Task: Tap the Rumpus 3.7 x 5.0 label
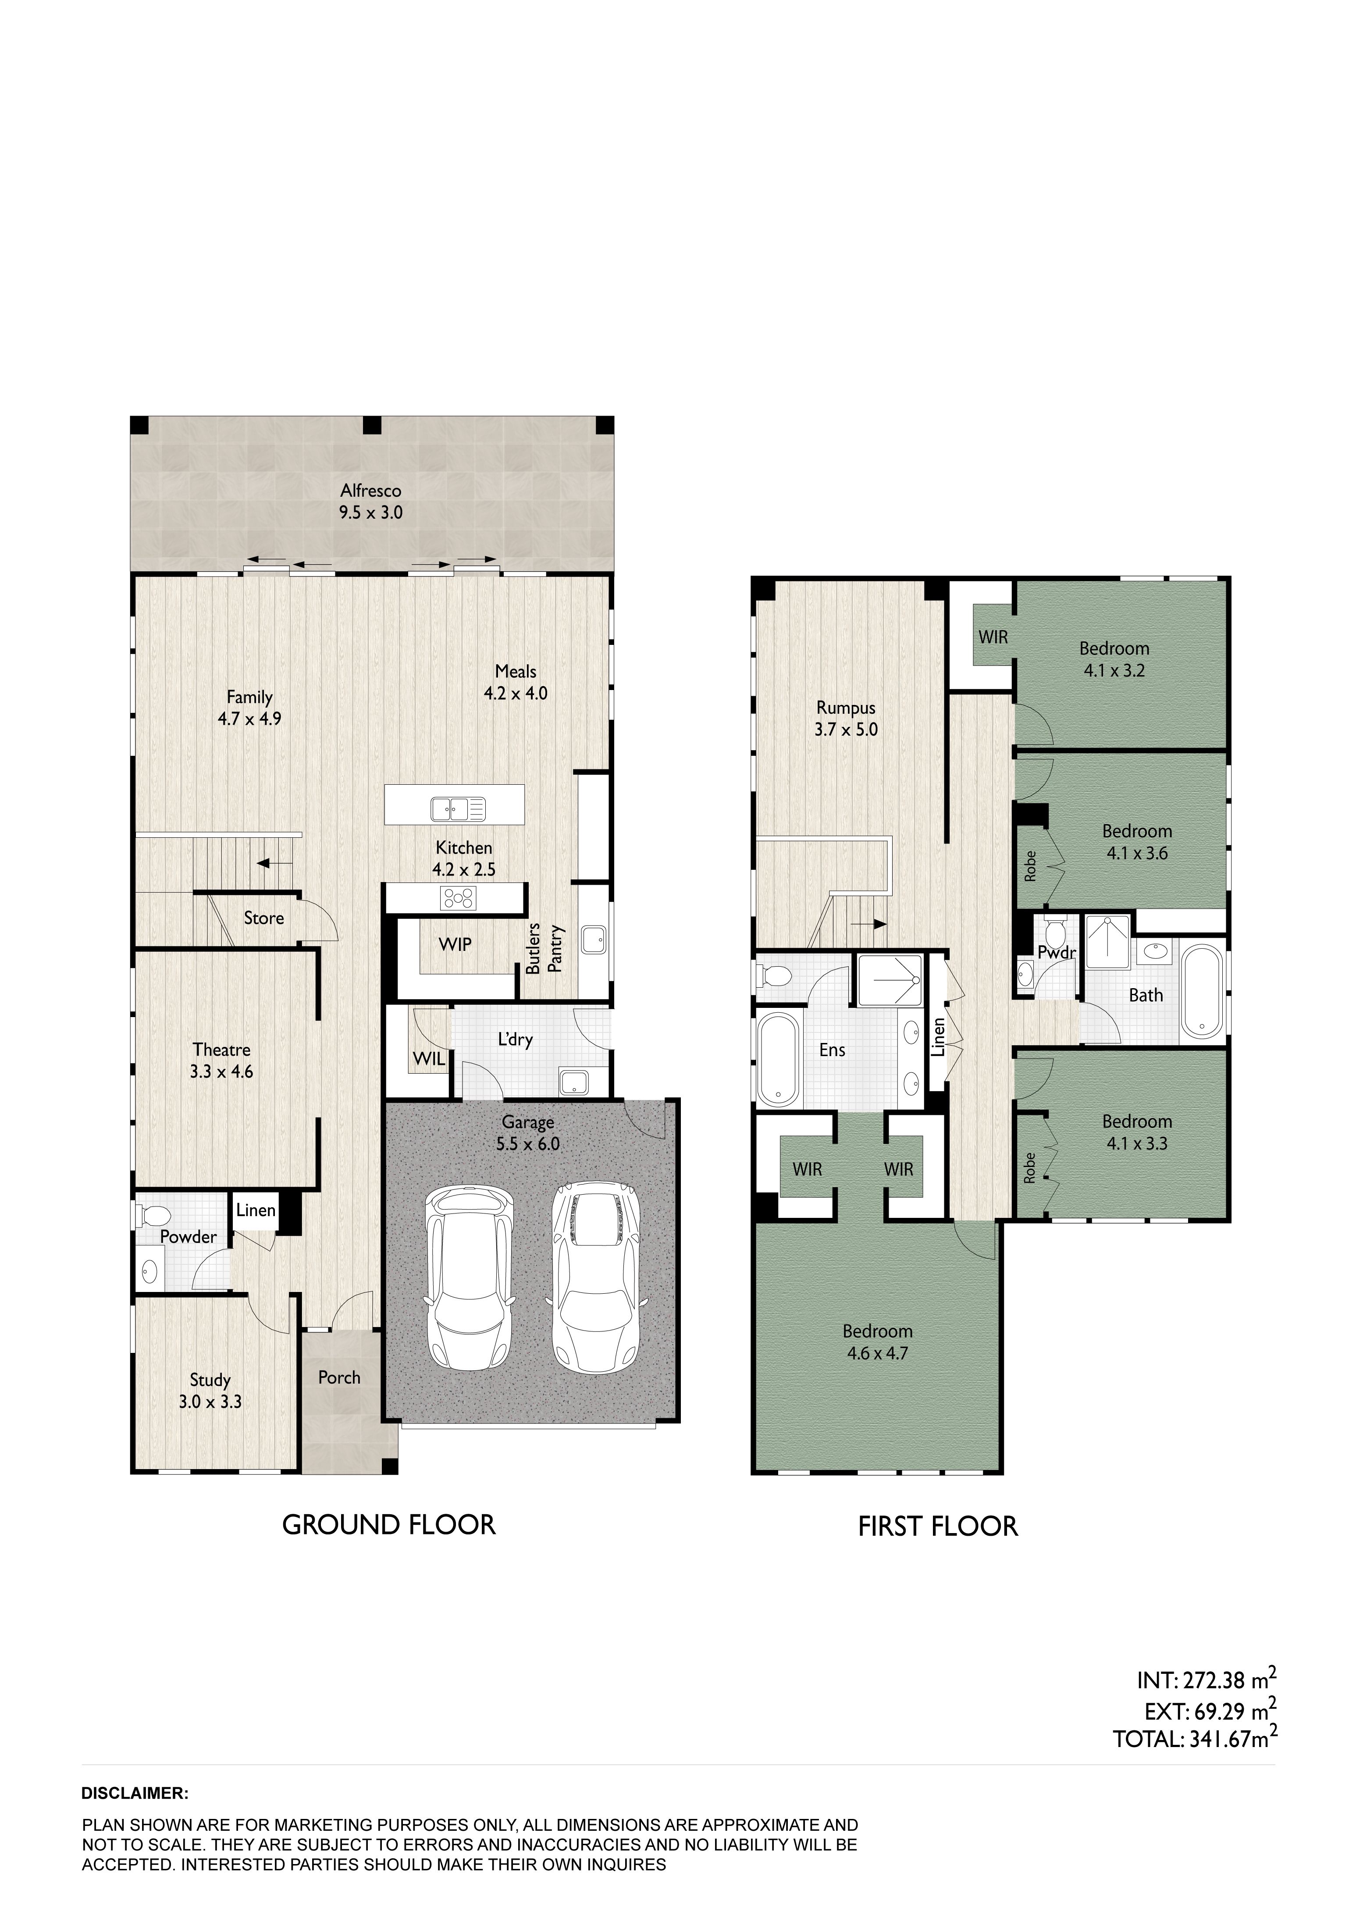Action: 846,719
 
